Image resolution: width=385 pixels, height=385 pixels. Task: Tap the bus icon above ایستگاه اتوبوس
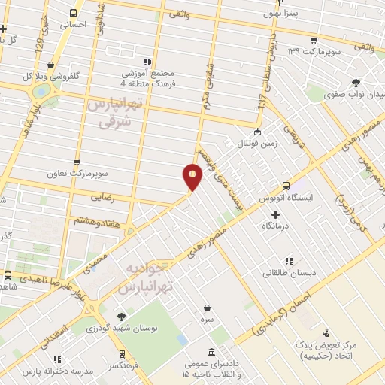(x=286, y=186)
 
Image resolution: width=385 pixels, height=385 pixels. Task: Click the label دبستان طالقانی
(x=289, y=274)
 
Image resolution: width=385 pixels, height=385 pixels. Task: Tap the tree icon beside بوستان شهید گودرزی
(x=122, y=317)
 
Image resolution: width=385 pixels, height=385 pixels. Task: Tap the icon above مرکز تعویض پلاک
(x=325, y=333)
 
